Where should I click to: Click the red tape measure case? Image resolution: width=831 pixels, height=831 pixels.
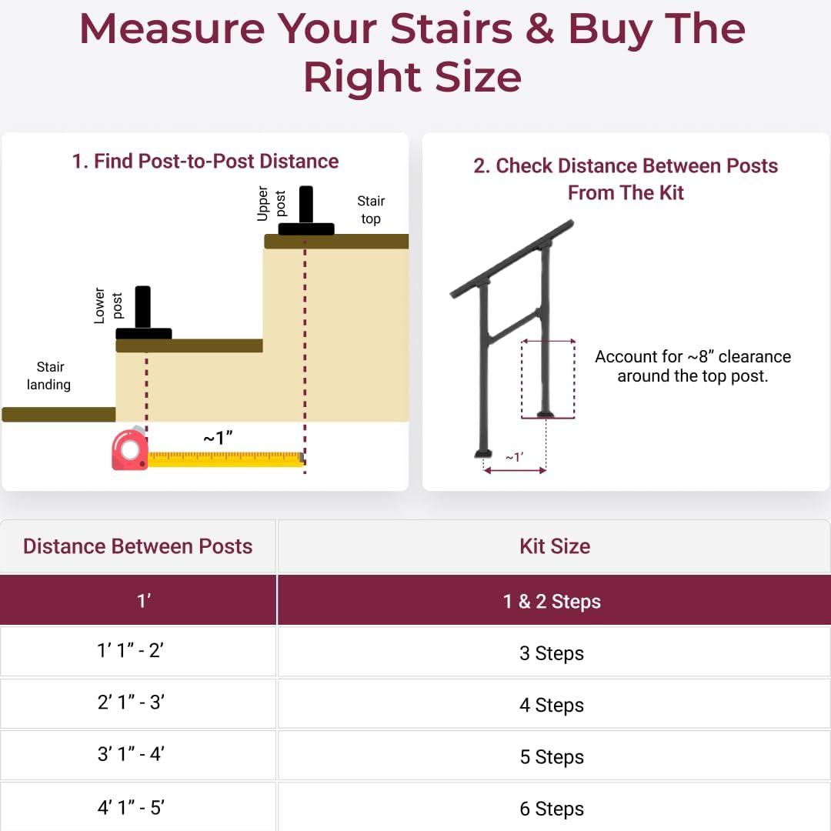point(130,450)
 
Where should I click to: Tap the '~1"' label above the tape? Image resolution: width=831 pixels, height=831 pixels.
point(218,438)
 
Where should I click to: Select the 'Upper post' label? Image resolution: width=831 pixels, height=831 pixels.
point(272,204)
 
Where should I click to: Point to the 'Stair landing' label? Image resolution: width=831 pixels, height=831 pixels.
point(49,375)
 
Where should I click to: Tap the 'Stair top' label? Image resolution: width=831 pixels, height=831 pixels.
point(371,209)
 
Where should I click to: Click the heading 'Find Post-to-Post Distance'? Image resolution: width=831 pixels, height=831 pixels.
point(205,162)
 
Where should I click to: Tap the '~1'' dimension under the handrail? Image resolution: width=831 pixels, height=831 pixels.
point(514,457)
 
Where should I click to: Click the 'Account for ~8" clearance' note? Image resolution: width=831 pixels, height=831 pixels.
point(692,366)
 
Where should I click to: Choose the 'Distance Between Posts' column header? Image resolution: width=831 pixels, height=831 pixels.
point(138,546)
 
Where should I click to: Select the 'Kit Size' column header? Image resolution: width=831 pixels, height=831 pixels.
point(555,546)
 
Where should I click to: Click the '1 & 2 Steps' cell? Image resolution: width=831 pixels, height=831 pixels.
point(552,601)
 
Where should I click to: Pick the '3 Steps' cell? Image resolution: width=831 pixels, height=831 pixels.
point(552,653)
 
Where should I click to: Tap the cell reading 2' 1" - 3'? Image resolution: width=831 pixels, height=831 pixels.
point(131,703)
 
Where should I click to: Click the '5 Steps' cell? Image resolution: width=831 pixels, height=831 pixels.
point(552,757)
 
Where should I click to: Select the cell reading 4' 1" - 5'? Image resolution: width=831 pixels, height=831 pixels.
point(131,808)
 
